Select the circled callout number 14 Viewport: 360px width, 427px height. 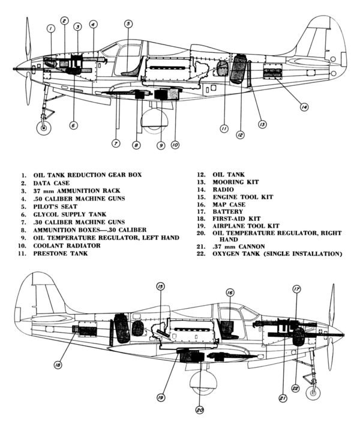pyautogui.click(x=304, y=107)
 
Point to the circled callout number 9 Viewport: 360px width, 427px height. pyautogui.click(x=161, y=145)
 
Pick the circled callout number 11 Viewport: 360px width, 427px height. pyautogui.click(x=223, y=129)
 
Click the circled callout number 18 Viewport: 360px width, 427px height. pyautogui.click(x=58, y=364)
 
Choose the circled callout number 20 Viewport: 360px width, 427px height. pyautogui.click(x=200, y=410)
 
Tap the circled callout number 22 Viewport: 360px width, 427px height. pyautogui.click(x=295, y=388)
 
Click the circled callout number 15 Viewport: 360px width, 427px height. pyautogui.click(x=160, y=286)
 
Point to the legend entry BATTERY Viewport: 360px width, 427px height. pyautogui.click(x=227, y=211)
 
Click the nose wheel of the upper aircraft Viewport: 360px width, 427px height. pyautogui.click(x=43, y=128)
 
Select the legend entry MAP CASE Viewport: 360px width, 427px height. pyautogui.click(x=230, y=204)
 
